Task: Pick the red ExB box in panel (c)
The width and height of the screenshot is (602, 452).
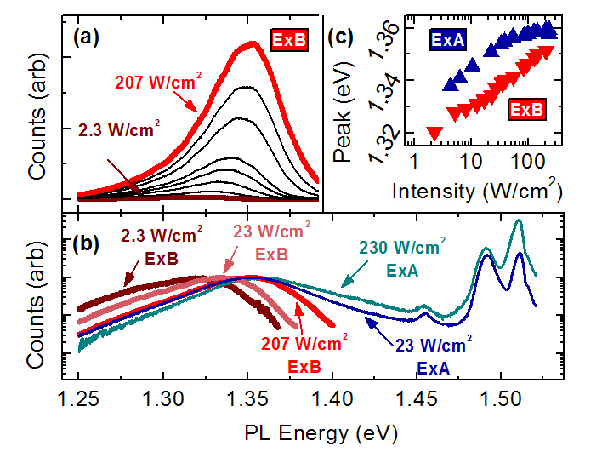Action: [527, 109]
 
